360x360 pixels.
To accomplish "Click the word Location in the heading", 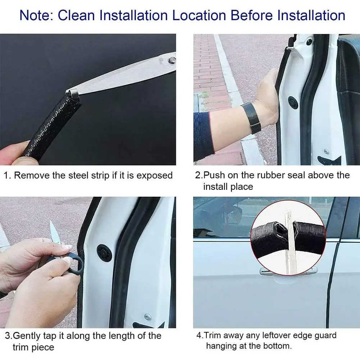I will pos(198,15).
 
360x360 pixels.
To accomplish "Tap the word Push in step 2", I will pos(215,175).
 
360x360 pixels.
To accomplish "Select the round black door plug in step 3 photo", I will pos(104,253).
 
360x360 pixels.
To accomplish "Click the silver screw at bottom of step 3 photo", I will pos(147,316).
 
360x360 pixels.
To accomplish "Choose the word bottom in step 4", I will pos(276,346).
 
